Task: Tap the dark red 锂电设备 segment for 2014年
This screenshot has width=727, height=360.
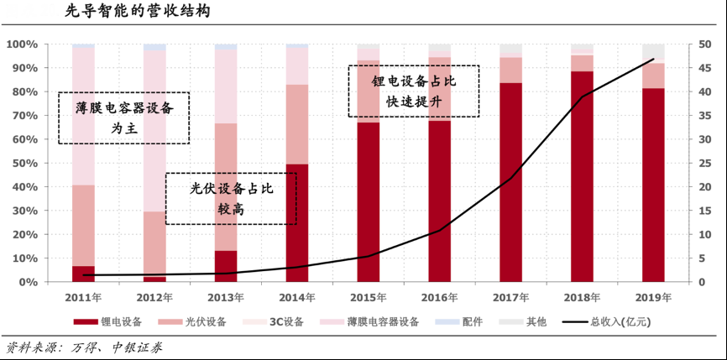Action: click(297, 222)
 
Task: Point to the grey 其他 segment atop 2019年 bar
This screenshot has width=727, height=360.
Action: click(653, 53)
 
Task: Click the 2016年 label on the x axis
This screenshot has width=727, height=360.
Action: click(440, 297)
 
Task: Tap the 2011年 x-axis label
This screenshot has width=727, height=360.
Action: click(83, 297)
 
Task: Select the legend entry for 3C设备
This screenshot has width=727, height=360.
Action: click(269, 321)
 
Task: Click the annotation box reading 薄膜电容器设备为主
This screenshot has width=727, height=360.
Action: click(123, 118)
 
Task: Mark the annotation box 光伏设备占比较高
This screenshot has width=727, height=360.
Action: click(231, 198)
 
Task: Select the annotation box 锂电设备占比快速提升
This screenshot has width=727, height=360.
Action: click(414, 91)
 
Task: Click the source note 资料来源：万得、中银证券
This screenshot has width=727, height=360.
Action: click(84, 347)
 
